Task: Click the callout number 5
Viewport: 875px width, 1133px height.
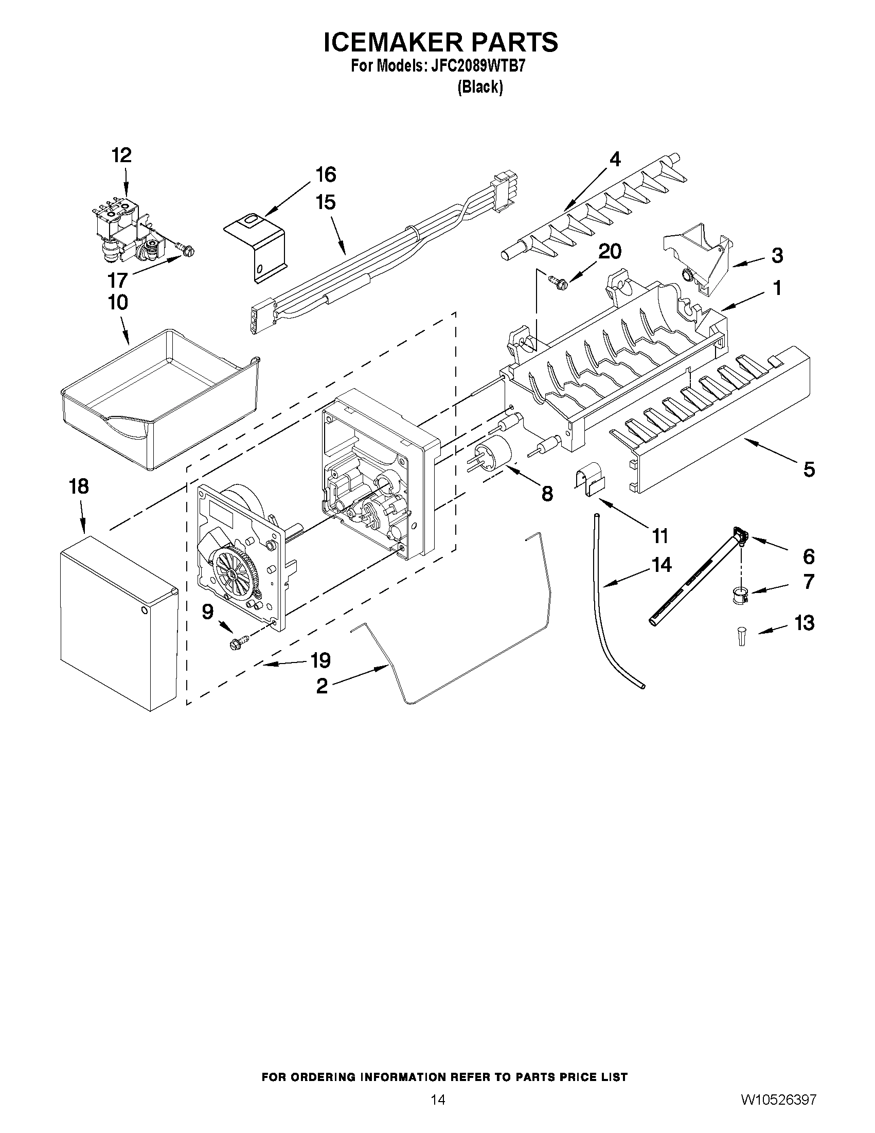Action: [809, 469]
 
